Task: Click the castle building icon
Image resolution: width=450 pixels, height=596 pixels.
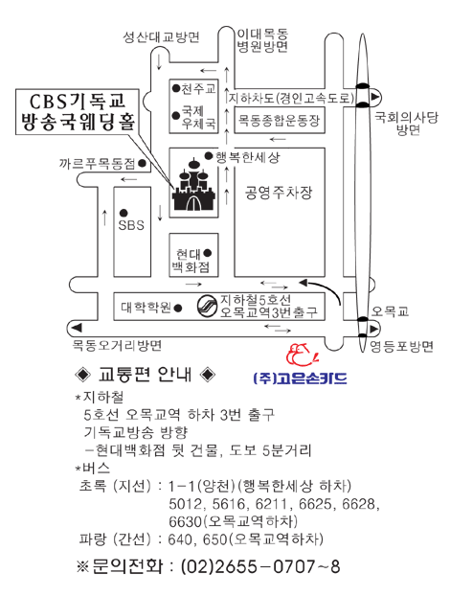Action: (193, 185)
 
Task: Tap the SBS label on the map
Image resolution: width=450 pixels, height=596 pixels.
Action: (131, 225)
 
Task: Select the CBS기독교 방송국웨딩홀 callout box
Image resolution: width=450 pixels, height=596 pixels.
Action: (78, 112)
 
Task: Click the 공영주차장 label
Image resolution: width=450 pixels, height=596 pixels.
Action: (279, 193)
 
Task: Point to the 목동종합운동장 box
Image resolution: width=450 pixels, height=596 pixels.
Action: (280, 120)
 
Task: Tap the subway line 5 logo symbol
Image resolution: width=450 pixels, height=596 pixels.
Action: (208, 306)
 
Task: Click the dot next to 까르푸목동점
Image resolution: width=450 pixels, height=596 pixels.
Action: (142, 164)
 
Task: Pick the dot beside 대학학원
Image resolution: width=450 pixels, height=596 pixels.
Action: (177, 308)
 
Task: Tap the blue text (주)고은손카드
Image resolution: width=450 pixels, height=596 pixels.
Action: (300, 378)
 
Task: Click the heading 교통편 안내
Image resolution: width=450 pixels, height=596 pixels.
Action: (146, 375)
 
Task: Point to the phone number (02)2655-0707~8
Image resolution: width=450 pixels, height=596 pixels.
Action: (260, 566)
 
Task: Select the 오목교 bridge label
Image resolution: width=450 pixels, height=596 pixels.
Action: (390, 311)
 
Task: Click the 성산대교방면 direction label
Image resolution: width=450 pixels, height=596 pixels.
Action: (161, 37)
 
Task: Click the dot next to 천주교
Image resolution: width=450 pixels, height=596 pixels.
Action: (176, 88)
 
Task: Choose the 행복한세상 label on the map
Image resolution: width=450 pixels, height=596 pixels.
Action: (247, 156)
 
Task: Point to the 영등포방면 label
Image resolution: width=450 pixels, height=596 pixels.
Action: (402, 346)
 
